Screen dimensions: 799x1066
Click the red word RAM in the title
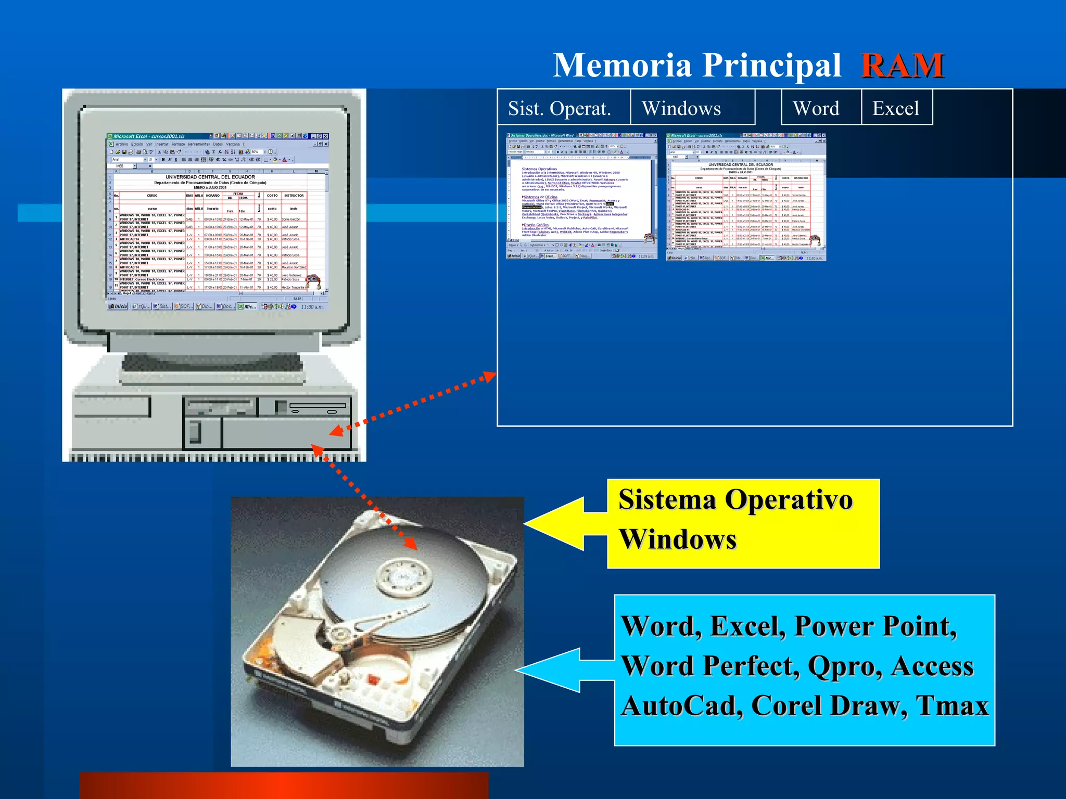click(x=903, y=66)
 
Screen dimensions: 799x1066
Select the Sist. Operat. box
click(x=560, y=108)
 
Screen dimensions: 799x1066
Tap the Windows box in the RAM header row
click(x=682, y=108)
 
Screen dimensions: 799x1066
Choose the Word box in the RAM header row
click(x=816, y=108)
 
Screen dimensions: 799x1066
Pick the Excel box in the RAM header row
click(x=896, y=108)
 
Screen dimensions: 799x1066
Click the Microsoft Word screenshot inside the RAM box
click(x=581, y=196)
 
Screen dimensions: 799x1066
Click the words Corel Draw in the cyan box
click(x=830, y=706)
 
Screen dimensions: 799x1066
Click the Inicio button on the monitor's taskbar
click(x=118, y=306)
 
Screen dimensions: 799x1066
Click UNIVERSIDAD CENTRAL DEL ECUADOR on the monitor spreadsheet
click(x=210, y=177)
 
